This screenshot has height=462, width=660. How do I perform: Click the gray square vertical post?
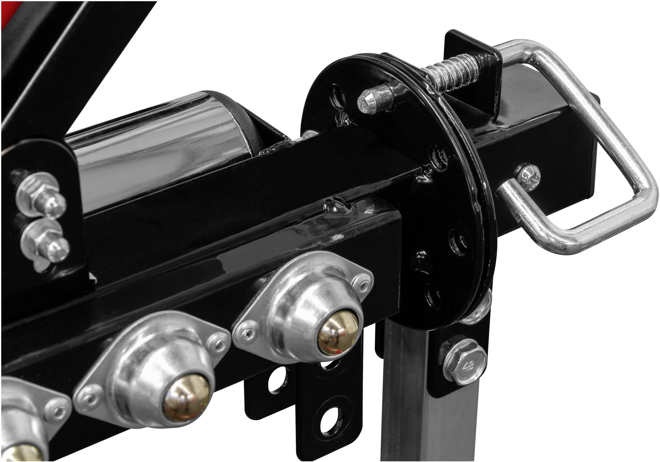(x=408, y=402)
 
